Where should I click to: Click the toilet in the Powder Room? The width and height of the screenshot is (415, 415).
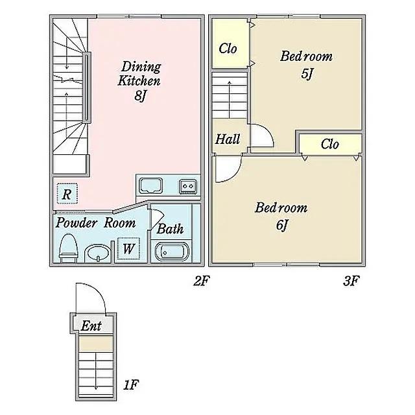click(68, 248)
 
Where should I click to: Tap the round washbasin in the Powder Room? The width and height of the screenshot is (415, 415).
click(98, 254)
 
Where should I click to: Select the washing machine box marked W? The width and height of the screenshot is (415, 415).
click(128, 248)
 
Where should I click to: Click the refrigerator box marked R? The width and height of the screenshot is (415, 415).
click(67, 193)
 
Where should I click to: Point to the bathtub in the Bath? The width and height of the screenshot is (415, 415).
click(172, 252)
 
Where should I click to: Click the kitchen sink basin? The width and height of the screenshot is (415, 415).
click(151, 186)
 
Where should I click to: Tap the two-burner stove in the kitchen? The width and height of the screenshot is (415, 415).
click(188, 186)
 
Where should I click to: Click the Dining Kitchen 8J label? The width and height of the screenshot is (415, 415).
click(139, 81)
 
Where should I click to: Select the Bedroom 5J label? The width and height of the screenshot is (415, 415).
click(306, 65)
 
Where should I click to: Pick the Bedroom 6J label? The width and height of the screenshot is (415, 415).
click(281, 216)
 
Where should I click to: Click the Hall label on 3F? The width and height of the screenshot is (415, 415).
click(228, 139)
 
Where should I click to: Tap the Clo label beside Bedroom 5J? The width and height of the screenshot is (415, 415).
click(228, 49)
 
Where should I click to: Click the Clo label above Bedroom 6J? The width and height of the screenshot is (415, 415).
click(330, 144)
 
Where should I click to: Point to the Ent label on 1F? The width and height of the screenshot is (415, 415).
click(91, 326)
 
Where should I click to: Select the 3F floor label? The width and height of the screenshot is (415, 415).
click(351, 281)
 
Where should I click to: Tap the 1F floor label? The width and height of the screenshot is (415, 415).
click(131, 385)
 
